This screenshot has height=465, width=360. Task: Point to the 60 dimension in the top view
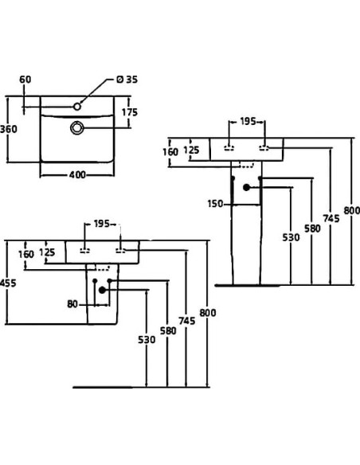tap(25, 80)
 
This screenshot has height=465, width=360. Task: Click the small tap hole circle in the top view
tap(78, 104)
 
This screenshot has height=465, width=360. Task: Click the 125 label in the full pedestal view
tap(192, 149)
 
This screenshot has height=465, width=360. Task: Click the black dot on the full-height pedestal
tap(247, 188)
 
